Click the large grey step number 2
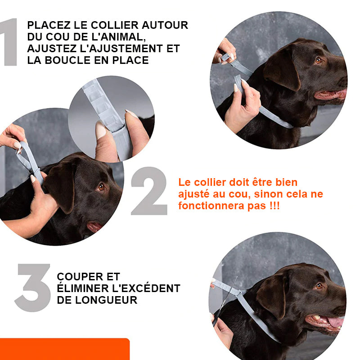click(149, 191)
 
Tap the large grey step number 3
click(32, 288)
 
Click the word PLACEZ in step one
click(49, 25)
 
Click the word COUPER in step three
click(81, 277)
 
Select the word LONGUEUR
click(106, 300)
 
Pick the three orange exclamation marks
click(275, 206)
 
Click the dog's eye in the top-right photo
click(319, 60)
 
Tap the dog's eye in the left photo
click(101, 187)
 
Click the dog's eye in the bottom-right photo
click(319, 286)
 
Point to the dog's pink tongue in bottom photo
click(336, 322)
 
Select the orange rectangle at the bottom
click(65, 349)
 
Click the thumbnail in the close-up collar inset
click(100, 130)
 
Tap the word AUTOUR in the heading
click(165, 25)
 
